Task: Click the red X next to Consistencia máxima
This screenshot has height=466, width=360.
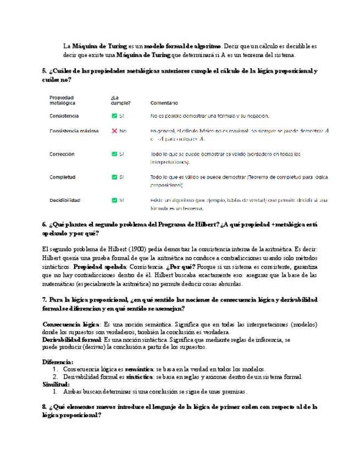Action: [114, 131]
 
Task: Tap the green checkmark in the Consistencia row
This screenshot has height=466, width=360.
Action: [114, 116]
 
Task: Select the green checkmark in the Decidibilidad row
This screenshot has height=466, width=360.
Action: [114, 200]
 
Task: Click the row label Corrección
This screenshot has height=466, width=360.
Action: [62, 154]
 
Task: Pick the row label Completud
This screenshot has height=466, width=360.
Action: [62, 177]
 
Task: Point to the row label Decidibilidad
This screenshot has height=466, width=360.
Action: [64, 200]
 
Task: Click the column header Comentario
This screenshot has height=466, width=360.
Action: [164, 103]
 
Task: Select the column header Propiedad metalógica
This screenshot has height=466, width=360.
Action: [62, 100]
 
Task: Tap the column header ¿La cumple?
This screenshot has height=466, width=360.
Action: [120, 100]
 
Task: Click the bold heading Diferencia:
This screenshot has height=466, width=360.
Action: [58, 362]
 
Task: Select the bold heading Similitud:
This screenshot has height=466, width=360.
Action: [56, 385]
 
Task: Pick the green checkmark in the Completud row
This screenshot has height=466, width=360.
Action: [114, 177]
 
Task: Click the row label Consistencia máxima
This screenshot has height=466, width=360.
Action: [74, 131]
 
